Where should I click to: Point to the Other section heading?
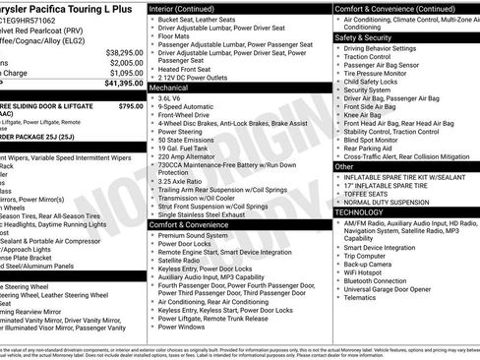point(345,166)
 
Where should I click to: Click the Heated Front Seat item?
point(190,69)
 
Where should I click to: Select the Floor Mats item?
point(176,35)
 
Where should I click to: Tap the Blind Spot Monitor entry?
point(378,140)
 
